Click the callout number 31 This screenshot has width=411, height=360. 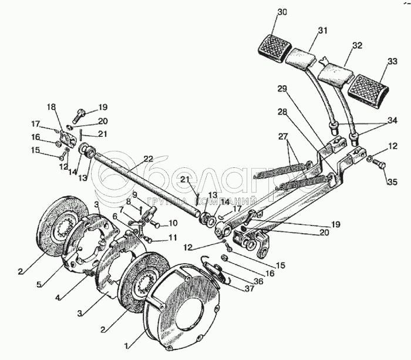322,32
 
